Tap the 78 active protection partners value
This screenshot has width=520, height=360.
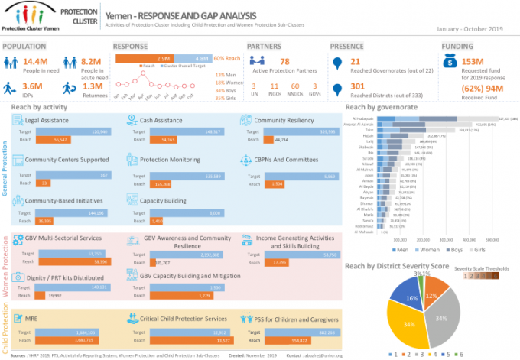click(284, 61)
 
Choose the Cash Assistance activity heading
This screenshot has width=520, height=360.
click(161, 121)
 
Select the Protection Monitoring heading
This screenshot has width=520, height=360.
click(171, 160)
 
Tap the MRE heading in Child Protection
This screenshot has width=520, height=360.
click(31, 317)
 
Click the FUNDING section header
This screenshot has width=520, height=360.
click(460, 46)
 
